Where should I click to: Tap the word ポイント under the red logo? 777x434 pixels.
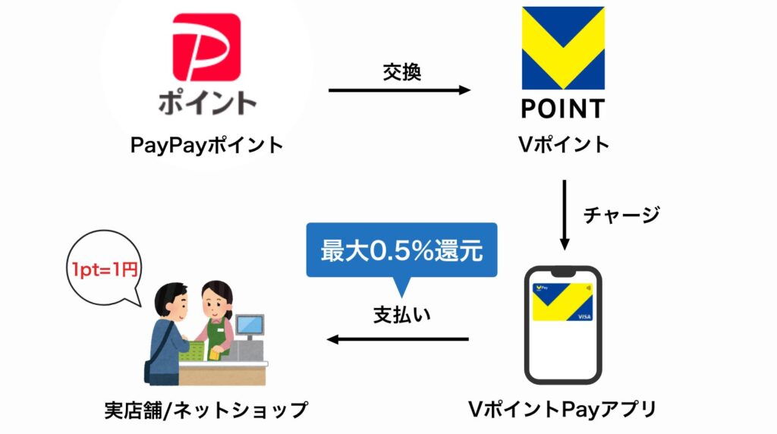pos(207,102)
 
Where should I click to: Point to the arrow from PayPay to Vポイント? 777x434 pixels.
pos(400,90)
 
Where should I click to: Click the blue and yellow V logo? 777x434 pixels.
pos(562,48)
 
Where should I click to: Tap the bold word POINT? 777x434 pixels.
pos(562,108)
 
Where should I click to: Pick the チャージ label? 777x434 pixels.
pos(621,215)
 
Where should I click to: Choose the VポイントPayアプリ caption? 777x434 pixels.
pos(562,410)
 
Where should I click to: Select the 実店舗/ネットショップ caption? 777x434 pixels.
pos(206,410)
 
